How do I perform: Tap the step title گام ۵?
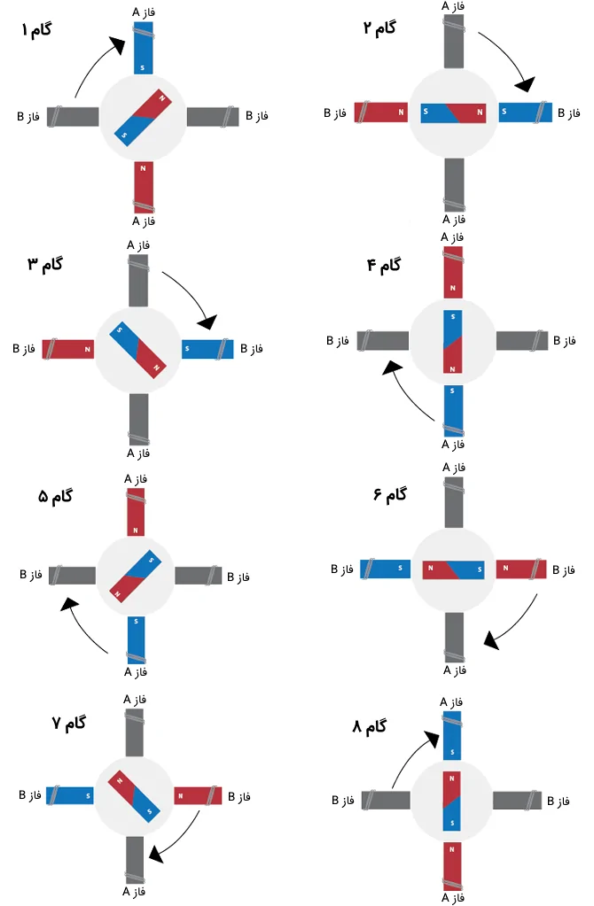pos(55,497)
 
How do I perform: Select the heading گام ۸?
pos(370,727)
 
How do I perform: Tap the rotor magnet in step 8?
pos(452,801)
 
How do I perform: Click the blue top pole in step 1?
pos(144,49)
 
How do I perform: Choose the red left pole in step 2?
pos(380,112)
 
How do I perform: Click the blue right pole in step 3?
pos(207,348)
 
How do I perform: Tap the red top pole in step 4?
pos(453,273)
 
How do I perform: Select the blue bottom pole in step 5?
pos(136,637)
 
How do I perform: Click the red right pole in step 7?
pos(198,795)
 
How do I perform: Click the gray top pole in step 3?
pos(139,278)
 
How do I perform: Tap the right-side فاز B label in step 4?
pos(564,340)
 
